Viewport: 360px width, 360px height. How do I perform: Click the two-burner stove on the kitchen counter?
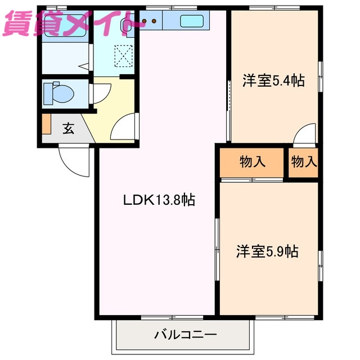[x=151, y=22]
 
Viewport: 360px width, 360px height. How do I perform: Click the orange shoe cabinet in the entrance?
[x=46, y=124]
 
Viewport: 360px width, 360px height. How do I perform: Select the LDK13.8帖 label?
[x=159, y=200]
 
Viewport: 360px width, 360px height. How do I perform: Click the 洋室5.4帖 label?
[x=273, y=81]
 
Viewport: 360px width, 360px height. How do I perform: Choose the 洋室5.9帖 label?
[x=267, y=251]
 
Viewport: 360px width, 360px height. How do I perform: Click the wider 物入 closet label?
[x=252, y=162]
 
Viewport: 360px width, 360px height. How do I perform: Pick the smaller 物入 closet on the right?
[x=304, y=162]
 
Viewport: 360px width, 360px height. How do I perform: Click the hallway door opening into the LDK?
[x=124, y=128]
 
